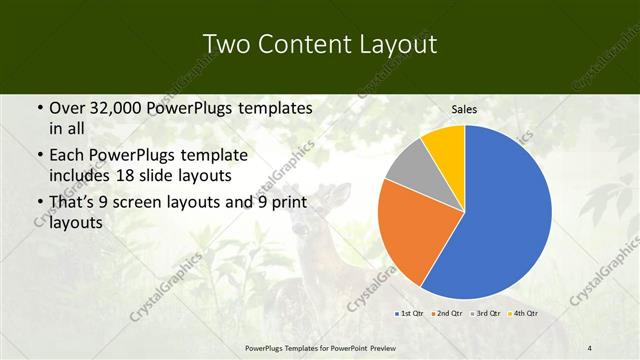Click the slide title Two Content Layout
click(319, 45)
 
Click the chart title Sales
click(464, 110)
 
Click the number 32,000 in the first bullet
click(117, 107)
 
